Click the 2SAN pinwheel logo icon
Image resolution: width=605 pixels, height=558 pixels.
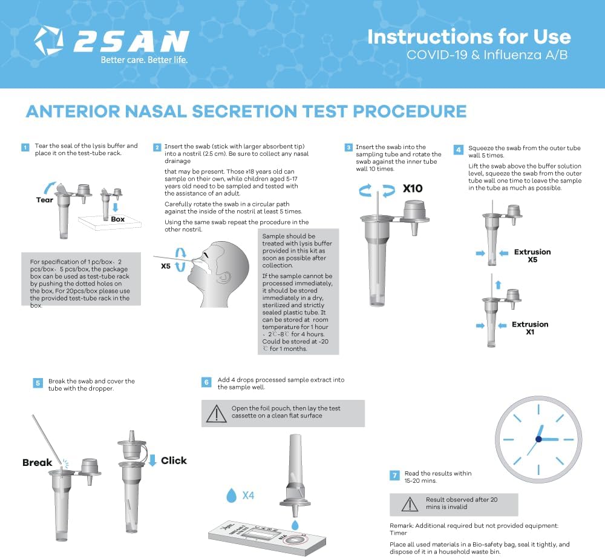click(48, 40)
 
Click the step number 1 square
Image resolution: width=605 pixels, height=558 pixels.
click(25, 147)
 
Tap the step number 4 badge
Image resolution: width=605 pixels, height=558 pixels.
click(459, 150)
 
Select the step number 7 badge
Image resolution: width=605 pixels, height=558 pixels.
click(394, 476)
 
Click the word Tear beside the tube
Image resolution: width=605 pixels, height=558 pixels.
click(44, 200)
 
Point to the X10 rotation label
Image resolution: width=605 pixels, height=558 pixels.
click(413, 188)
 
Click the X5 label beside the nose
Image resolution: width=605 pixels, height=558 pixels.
click(166, 266)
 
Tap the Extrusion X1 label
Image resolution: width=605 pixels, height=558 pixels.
click(530, 328)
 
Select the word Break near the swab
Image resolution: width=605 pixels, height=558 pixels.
click(37, 462)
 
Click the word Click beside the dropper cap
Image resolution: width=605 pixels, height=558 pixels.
click(174, 460)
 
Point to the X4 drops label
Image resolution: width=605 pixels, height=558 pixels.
click(248, 496)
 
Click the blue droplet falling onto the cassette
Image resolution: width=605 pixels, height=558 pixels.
click(295, 525)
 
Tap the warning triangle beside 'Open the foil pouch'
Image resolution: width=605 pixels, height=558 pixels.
click(217, 413)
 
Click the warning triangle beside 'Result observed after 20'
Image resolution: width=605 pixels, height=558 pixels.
click(410, 504)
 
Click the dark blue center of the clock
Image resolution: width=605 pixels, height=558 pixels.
click(538, 439)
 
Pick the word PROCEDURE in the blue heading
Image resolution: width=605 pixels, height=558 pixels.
click(410, 111)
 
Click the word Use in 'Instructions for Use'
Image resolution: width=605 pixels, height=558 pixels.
click(552, 37)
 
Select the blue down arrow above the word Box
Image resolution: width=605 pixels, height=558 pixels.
click(115, 207)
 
